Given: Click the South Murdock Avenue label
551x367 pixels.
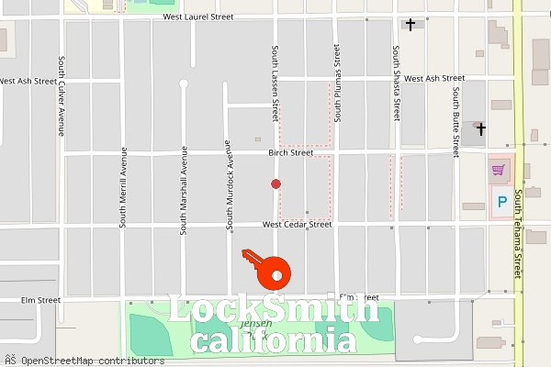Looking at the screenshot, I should point(229,183).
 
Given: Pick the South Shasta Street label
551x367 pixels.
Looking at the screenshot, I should point(397,83).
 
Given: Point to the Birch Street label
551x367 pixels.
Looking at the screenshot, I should point(291,153).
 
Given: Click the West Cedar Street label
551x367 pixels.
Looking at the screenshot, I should point(296,224).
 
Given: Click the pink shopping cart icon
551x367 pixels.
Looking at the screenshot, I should point(498,170).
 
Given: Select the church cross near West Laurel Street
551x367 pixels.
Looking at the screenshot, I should point(411,25).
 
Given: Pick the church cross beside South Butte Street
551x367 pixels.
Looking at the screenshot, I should point(480,129).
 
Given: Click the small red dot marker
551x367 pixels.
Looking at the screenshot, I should point(275,184).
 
